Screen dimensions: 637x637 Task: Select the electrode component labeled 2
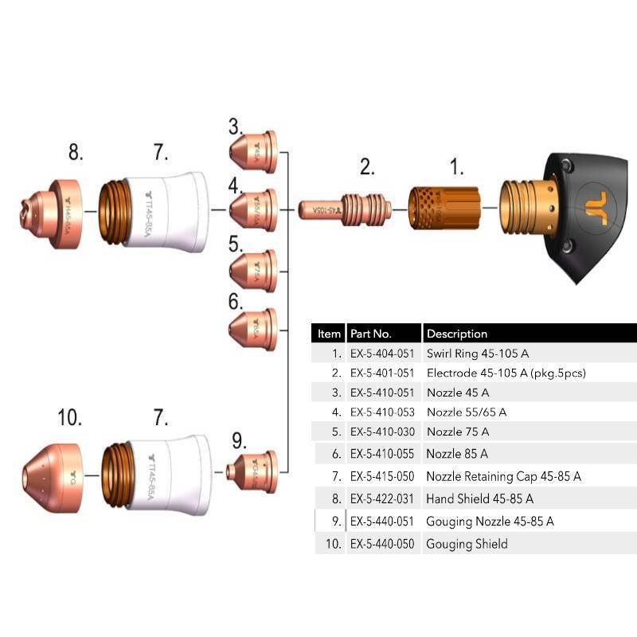tap(346, 210)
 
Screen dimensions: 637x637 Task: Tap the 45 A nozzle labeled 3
tap(254, 152)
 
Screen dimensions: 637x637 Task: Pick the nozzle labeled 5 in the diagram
tap(254, 271)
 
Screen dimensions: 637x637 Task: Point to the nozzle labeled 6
tap(254, 329)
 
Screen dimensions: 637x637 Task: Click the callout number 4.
tap(235, 186)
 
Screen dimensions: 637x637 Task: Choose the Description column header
tap(457, 334)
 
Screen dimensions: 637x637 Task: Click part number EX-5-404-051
tap(382, 353)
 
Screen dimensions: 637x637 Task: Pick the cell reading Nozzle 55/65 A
tap(467, 412)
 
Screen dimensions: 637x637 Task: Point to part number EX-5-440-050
tap(382, 544)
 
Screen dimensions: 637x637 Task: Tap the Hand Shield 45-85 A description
tap(479, 498)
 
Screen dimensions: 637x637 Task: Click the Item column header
tap(329, 334)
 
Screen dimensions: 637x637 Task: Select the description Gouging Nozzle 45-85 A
tap(490, 522)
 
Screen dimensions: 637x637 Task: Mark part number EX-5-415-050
tap(382, 476)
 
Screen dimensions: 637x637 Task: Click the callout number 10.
tap(70, 416)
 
